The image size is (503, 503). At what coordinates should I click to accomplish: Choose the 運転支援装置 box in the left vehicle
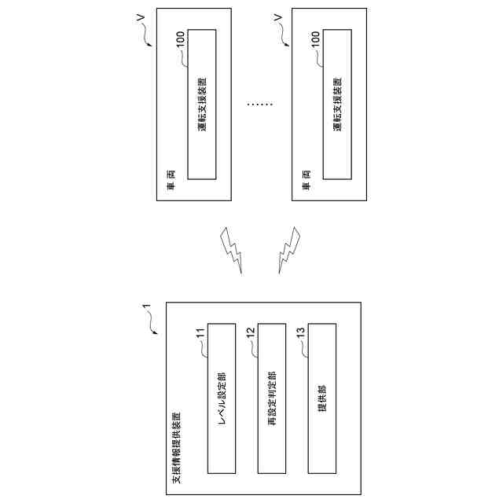click(202, 104)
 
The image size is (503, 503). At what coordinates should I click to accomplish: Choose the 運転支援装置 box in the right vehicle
click(337, 104)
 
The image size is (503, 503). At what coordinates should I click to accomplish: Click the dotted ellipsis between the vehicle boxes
click(259, 104)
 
